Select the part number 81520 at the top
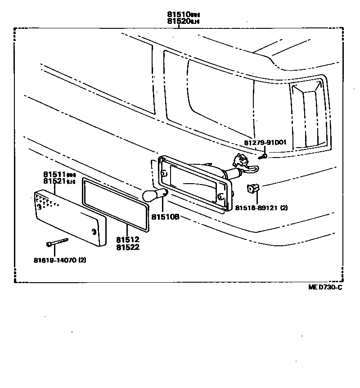178,21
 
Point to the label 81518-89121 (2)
261,208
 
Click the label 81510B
165,217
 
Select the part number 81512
127,240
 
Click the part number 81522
127,247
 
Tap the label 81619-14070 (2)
59,260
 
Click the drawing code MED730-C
325,288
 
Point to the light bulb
153,195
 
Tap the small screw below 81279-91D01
265,156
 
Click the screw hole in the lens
94,231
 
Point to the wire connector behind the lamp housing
239,160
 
